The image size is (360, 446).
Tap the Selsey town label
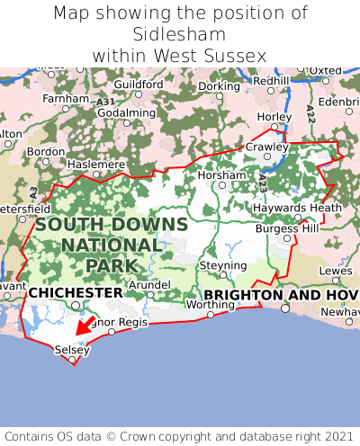coord(72,350)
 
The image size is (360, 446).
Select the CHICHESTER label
coord(76,293)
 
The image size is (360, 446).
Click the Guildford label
coord(139,85)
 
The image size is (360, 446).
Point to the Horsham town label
coord(220,174)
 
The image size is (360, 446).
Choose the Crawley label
coord(267,147)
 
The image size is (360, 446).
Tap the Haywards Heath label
coord(300,208)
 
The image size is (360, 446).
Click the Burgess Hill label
coord(286,228)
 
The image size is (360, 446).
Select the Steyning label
coord(223,266)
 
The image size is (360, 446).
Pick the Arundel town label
coord(149,284)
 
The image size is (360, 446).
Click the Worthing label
coord(210,305)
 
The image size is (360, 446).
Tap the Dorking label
coord(219,86)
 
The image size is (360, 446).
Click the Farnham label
coord(65,98)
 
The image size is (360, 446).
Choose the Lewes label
coord(336,270)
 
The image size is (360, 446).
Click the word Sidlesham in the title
coord(180,34)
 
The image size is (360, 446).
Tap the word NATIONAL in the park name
coord(112,245)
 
